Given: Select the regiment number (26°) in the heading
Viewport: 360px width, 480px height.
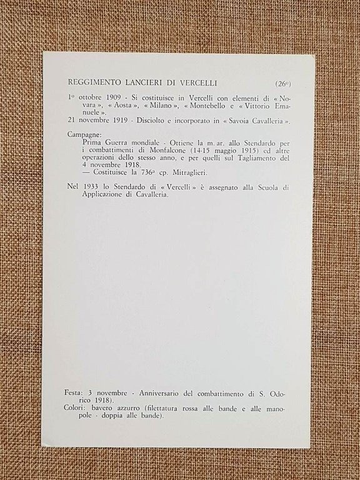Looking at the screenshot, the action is [x=282, y=83].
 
